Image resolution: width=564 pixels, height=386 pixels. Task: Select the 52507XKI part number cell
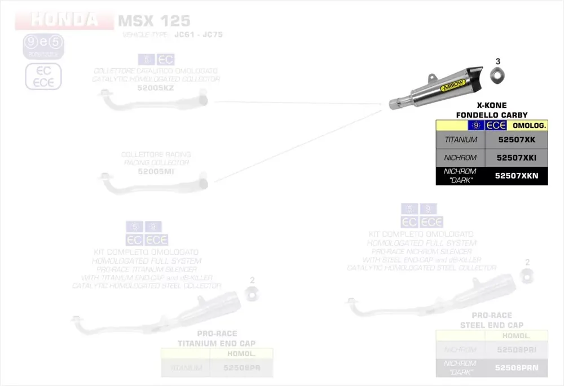[x=516, y=158]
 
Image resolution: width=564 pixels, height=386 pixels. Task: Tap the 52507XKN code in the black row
[x=516, y=176]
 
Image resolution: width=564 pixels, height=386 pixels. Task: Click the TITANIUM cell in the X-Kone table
[x=460, y=140]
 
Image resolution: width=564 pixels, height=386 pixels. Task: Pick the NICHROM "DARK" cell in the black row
[x=460, y=176]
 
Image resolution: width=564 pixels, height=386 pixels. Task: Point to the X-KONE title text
[x=491, y=105]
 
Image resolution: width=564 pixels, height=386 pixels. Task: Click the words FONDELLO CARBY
[x=491, y=115]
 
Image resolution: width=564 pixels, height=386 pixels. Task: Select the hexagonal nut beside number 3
[x=497, y=74]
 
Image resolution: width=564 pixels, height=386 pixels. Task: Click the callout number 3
[x=498, y=61]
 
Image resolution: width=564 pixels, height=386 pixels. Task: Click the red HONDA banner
[x=64, y=20]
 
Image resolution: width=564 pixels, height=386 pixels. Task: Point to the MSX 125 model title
[x=153, y=21]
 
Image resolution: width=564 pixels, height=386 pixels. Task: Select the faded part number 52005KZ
[x=156, y=88]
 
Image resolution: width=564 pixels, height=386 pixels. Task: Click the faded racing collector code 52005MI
[x=156, y=171]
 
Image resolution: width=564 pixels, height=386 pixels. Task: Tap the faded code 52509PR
[x=241, y=368]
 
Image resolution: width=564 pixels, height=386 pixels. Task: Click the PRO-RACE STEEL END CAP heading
[x=491, y=320]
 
